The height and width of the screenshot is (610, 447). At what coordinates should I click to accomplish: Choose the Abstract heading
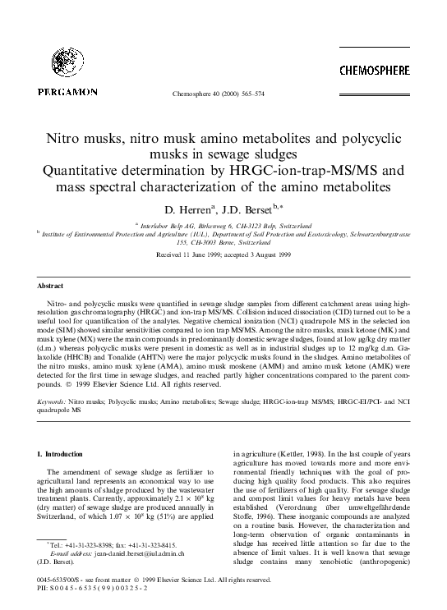click(x=50, y=287)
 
